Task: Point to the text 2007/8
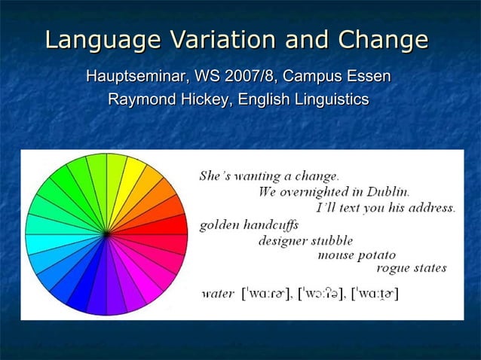(245, 77)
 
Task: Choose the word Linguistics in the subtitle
(329, 99)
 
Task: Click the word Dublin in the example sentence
(388, 192)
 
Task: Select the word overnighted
(320, 192)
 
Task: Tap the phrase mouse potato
(356, 255)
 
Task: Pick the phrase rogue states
(411, 268)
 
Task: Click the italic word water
(216, 293)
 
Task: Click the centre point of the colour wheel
(106, 234)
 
